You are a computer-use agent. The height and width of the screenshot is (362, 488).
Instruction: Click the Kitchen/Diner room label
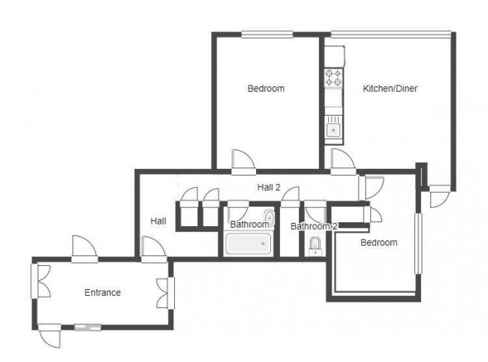coord(390,89)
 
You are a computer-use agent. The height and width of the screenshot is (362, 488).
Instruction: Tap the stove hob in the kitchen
coord(333,77)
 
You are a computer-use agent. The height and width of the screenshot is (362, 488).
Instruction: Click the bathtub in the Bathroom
coord(248,244)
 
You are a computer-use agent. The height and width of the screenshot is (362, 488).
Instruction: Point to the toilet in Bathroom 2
coord(315,245)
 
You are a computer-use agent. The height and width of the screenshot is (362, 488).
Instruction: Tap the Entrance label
coord(102,293)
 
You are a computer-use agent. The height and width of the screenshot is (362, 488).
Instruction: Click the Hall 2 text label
coord(268,188)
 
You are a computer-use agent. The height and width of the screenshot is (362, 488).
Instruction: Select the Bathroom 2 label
coord(314,226)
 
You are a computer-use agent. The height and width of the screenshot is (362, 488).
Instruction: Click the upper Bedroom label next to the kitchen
coord(266,89)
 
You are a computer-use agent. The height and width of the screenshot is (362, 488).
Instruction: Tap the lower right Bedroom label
coord(378,243)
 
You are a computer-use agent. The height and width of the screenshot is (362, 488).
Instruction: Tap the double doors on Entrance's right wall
coord(164,293)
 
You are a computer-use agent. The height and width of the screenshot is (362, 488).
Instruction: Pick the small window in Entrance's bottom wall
coord(87,327)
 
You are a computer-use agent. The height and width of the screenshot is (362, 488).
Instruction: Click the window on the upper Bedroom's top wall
coord(267,33)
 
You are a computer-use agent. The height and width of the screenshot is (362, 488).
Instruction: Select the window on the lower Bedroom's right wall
coord(420,244)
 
